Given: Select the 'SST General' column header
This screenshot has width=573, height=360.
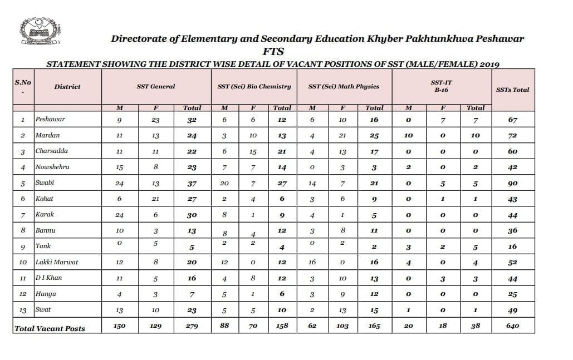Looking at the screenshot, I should click(x=156, y=86).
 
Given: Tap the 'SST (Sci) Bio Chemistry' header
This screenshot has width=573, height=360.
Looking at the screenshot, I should click(x=254, y=86).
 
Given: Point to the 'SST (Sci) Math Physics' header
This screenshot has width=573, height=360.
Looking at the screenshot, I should click(x=344, y=86).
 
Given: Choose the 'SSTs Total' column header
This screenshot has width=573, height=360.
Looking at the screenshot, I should click(x=512, y=90).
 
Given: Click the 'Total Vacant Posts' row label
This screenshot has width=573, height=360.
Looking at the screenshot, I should click(x=50, y=328).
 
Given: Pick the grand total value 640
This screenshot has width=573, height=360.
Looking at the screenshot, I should click(x=512, y=326).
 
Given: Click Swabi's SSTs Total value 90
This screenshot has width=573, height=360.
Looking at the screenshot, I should click(x=512, y=183).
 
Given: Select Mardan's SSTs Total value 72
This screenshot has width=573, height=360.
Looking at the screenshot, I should click(x=512, y=135).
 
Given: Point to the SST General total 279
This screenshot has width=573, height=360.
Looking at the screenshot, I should click(x=192, y=326).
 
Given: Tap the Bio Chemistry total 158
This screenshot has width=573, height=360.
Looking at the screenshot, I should click(x=282, y=326).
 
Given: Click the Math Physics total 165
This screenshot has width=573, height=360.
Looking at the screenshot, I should click(x=374, y=326).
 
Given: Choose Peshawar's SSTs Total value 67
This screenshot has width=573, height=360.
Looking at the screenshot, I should click(x=512, y=120).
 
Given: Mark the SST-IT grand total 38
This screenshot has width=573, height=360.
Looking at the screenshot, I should click(x=476, y=326).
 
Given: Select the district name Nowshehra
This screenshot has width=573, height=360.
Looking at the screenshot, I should click(x=52, y=167).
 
